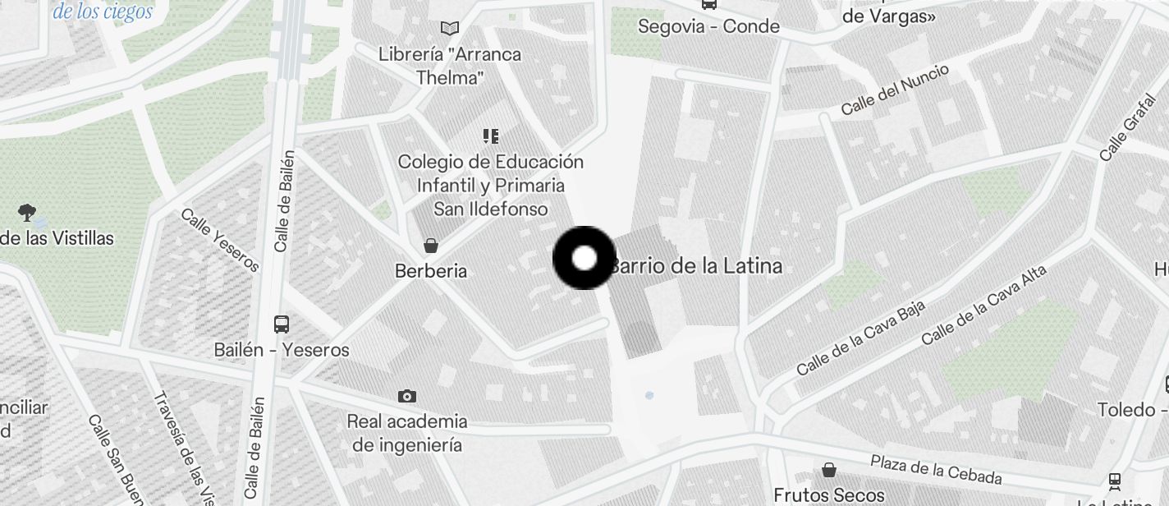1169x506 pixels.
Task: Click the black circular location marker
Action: [x=584, y=258]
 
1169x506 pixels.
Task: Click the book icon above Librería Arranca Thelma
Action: [x=449, y=29]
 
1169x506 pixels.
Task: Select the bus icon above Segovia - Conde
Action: [x=708, y=4]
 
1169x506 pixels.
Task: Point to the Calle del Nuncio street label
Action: [x=896, y=90]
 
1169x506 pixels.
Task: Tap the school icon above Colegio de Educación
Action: [x=491, y=136]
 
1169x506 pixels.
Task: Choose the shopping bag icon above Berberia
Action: [x=430, y=246]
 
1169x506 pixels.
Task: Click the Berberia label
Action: [x=431, y=270]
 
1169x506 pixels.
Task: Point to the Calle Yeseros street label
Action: [x=220, y=239]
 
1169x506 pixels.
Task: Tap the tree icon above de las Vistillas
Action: [x=27, y=213]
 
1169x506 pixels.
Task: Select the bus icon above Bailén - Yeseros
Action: [x=282, y=324]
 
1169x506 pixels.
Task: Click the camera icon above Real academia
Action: [x=406, y=396]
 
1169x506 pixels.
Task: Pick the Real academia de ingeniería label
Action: [x=407, y=433]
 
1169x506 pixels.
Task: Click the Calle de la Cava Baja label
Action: [x=861, y=338]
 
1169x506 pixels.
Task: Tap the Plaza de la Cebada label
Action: [x=936, y=469]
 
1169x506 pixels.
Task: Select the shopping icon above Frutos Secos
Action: [x=829, y=470]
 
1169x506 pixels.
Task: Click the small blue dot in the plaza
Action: [x=649, y=395]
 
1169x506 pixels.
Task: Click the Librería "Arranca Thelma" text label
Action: [x=449, y=66]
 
